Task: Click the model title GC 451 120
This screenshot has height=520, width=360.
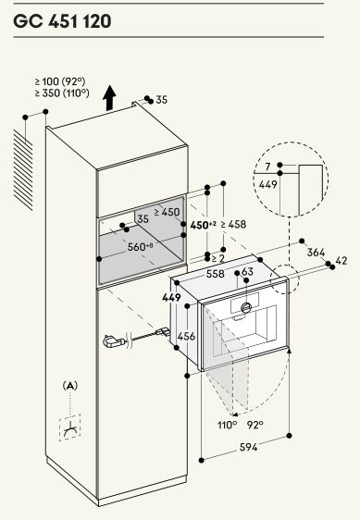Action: click(x=62, y=21)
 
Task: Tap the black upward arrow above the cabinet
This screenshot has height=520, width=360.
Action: click(x=109, y=98)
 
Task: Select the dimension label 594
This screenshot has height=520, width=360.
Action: click(x=249, y=448)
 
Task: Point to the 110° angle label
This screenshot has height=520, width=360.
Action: click(x=228, y=425)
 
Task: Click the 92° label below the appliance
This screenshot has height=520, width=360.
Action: click(x=254, y=425)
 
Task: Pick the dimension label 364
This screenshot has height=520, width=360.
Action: click(x=316, y=253)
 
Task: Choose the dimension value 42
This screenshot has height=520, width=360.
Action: click(x=341, y=261)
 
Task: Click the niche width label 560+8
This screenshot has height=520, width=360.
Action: click(x=141, y=247)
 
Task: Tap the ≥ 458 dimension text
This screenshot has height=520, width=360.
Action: click(x=233, y=225)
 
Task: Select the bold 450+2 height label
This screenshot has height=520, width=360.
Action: click(x=203, y=225)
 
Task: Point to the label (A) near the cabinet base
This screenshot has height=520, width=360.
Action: click(x=70, y=386)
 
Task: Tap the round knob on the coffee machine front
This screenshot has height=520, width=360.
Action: click(x=246, y=308)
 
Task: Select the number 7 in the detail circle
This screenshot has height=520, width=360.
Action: click(x=267, y=167)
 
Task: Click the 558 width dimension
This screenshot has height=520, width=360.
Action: click(x=216, y=274)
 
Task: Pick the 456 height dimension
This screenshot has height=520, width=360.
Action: click(x=186, y=337)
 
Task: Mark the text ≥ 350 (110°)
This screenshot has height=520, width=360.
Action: click(x=62, y=93)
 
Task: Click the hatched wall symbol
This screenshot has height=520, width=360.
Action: click(x=23, y=170)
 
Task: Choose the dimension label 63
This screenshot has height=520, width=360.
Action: click(x=247, y=272)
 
